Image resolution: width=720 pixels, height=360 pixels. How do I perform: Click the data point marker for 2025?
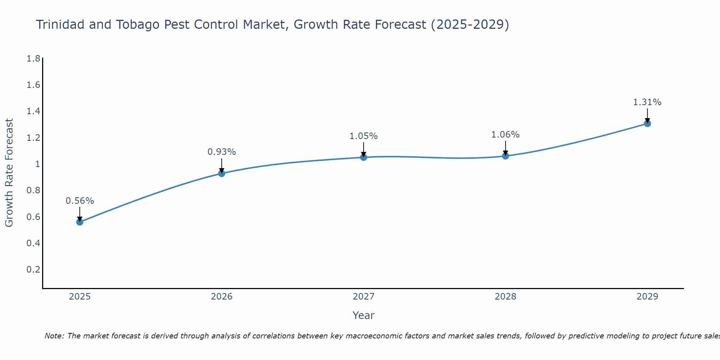coord(80,222)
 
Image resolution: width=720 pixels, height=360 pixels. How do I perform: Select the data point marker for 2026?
coord(221,173)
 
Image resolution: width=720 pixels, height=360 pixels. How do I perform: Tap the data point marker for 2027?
coord(363,157)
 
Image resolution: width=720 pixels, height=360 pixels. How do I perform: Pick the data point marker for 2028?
coord(505,156)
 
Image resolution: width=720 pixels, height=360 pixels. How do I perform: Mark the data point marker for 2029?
coord(647,123)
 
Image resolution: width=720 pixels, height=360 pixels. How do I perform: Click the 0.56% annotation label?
coord(80,201)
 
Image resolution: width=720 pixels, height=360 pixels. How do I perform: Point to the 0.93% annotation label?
coord(221,152)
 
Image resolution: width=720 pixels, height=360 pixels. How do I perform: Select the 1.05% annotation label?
coord(363,136)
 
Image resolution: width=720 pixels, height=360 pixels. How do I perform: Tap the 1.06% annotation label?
coord(505,135)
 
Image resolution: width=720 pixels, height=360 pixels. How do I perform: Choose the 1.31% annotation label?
coord(647,102)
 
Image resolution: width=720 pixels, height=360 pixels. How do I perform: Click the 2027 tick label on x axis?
coord(363,297)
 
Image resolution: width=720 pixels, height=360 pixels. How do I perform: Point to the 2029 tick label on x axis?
coord(647,297)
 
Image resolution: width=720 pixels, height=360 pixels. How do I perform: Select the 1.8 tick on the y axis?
coord(33,58)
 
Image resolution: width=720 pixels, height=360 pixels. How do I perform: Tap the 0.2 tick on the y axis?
coord(33,269)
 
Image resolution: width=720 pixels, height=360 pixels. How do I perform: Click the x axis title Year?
coord(363,315)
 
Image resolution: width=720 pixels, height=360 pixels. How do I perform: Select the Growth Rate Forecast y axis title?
coord(9,173)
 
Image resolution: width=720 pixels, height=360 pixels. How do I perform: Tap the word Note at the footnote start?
coord(54,336)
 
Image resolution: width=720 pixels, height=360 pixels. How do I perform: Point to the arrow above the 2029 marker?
coord(647,115)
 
